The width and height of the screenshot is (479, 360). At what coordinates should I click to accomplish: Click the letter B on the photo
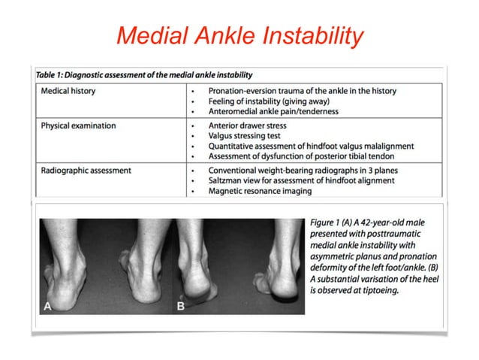(x=181, y=306)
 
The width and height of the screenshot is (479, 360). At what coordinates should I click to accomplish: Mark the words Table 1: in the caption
(x=55, y=74)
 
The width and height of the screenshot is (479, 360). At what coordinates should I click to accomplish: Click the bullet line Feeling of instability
(x=255, y=101)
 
